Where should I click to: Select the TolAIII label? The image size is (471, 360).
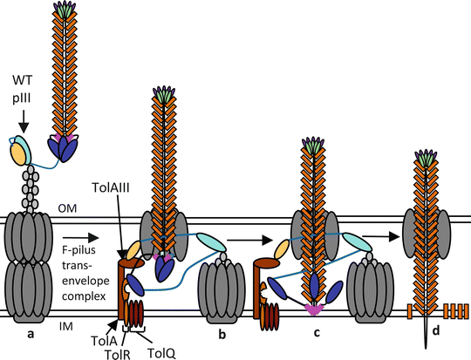tap(117, 187)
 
